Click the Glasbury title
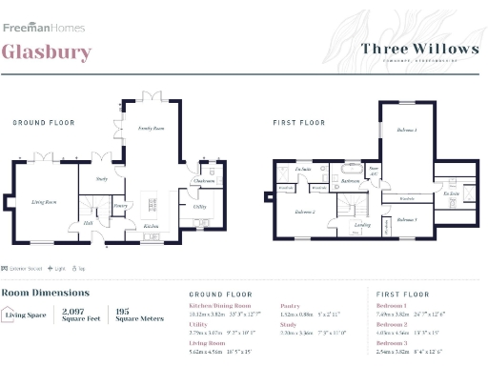[x=47, y=51]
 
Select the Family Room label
[x=152, y=127]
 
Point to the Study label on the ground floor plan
[x=101, y=178]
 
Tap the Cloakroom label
[x=201, y=180]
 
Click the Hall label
[x=88, y=223]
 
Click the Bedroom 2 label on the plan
[x=304, y=212]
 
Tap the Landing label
[x=361, y=226]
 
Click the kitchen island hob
[x=151, y=204]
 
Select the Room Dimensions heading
[x=45, y=293]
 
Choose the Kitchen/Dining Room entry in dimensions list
[x=219, y=306]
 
